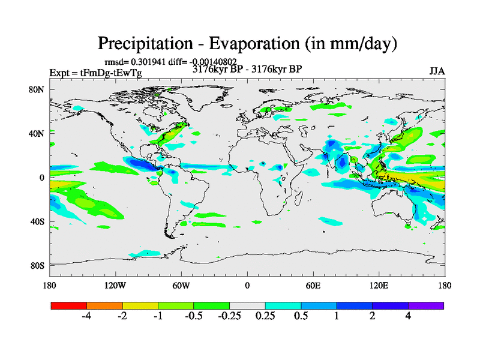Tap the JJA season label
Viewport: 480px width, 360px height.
click(437, 71)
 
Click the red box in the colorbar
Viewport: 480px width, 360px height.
click(69, 305)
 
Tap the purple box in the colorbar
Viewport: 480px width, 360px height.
click(426, 305)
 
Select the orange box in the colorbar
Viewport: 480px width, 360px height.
click(104, 305)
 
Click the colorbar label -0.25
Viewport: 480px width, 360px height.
click(229, 317)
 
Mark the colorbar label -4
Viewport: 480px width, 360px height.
click(86, 317)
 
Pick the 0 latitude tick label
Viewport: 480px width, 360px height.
click(43, 178)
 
